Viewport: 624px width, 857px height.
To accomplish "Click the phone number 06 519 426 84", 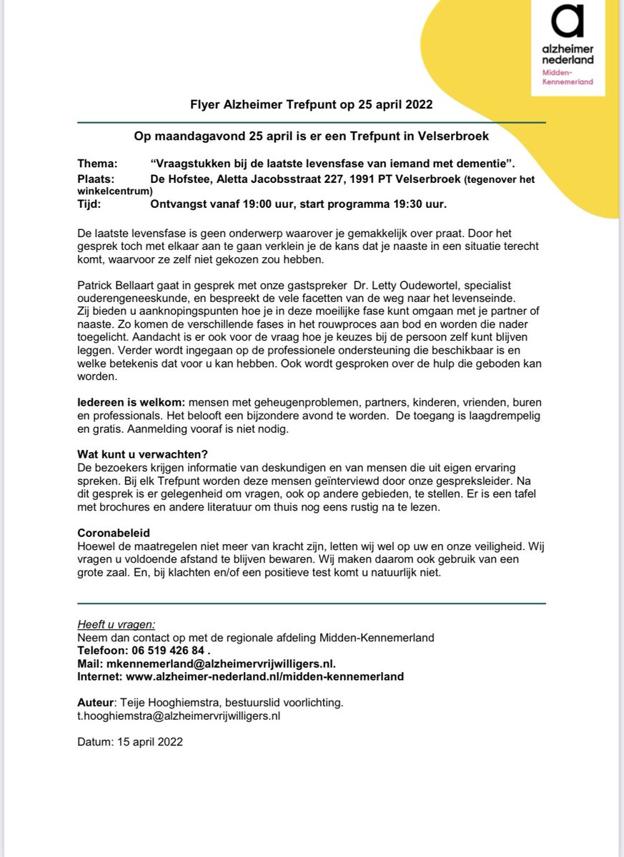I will point(170,651).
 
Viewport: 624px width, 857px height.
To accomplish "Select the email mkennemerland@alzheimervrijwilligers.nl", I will point(221,663).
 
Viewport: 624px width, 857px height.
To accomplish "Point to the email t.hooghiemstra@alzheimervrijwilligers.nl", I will point(179,715).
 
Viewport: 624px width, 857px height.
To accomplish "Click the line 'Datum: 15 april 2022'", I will point(129,741).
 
